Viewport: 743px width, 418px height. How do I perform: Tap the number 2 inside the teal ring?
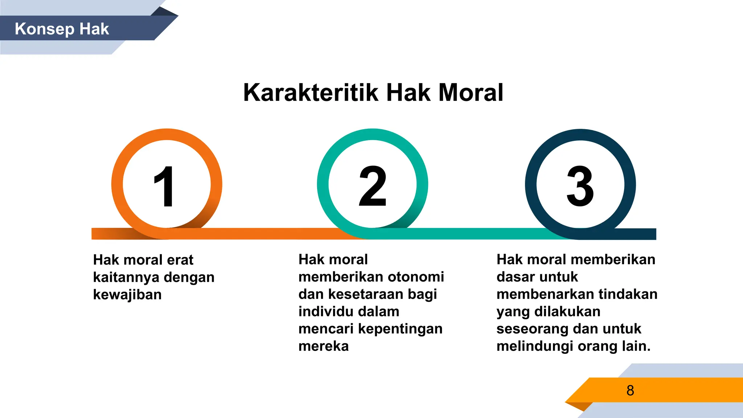(373, 186)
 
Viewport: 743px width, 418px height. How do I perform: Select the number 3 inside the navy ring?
(580, 186)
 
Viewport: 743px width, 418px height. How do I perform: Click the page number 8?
(630, 390)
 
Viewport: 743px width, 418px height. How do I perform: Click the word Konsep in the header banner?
(45, 29)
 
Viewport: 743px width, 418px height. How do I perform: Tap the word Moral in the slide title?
(471, 93)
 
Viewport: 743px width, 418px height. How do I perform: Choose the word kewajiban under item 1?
(127, 295)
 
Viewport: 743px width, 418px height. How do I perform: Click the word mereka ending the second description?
(324, 346)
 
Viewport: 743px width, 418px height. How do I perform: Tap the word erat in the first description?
(180, 260)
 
